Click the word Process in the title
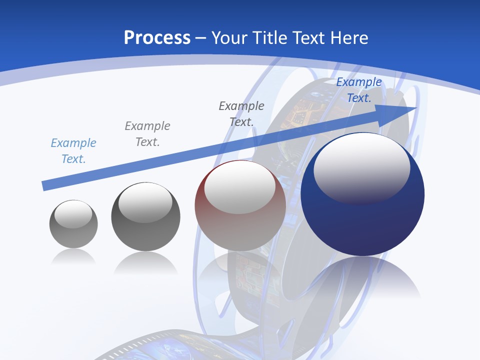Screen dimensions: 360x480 click(x=157, y=38)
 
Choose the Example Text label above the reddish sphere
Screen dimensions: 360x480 click(x=241, y=113)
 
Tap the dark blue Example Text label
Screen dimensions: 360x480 click(x=359, y=90)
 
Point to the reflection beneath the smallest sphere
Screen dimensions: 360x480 click(x=73, y=257)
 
